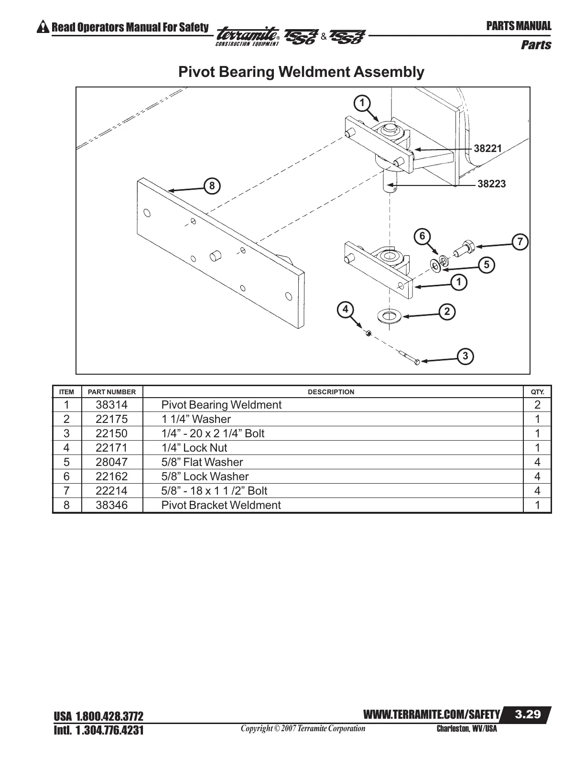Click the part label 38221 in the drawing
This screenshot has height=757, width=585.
[x=487, y=149]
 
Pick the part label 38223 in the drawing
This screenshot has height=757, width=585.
[x=491, y=184]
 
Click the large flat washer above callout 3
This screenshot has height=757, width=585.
[x=389, y=316]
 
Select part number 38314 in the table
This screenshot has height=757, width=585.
[x=112, y=405]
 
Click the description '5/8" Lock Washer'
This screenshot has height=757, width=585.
[x=205, y=476]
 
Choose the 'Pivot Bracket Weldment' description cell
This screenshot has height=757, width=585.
[x=221, y=505]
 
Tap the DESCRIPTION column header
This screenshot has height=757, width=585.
[x=331, y=392]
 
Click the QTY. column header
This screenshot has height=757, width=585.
[x=537, y=392]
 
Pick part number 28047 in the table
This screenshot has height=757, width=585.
[x=112, y=462]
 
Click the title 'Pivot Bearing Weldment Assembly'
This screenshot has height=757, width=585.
[x=301, y=72]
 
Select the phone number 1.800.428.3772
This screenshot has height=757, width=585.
[x=109, y=717]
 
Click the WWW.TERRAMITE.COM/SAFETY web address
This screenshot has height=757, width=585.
[x=432, y=715]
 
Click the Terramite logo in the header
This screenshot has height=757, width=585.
[x=248, y=36]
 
